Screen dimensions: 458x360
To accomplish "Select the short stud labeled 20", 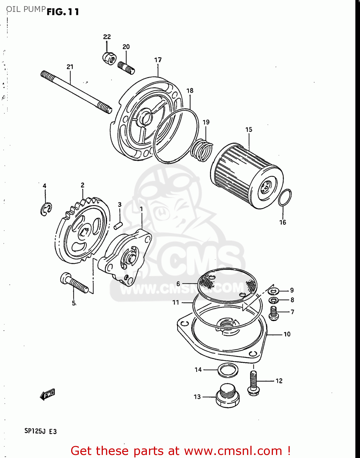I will (126, 68).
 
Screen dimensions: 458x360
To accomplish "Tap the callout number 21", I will (70, 67).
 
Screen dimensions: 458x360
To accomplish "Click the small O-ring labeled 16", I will (285, 198).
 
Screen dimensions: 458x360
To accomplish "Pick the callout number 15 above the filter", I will (249, 129).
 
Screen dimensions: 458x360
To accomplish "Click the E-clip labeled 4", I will (46, 209).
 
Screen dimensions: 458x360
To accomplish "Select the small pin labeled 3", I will (118, 226).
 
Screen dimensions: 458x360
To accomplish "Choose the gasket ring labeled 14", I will (228, 370).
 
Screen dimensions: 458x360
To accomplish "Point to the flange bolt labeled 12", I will (253, 383).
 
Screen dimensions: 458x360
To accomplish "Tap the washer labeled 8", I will (274, 300).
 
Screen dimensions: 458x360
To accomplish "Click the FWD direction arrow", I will (47, 394).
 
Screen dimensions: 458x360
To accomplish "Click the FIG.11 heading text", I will (63, 12).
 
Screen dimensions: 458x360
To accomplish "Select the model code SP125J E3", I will (41, 431).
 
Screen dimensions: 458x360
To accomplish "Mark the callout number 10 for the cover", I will (287, 334).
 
